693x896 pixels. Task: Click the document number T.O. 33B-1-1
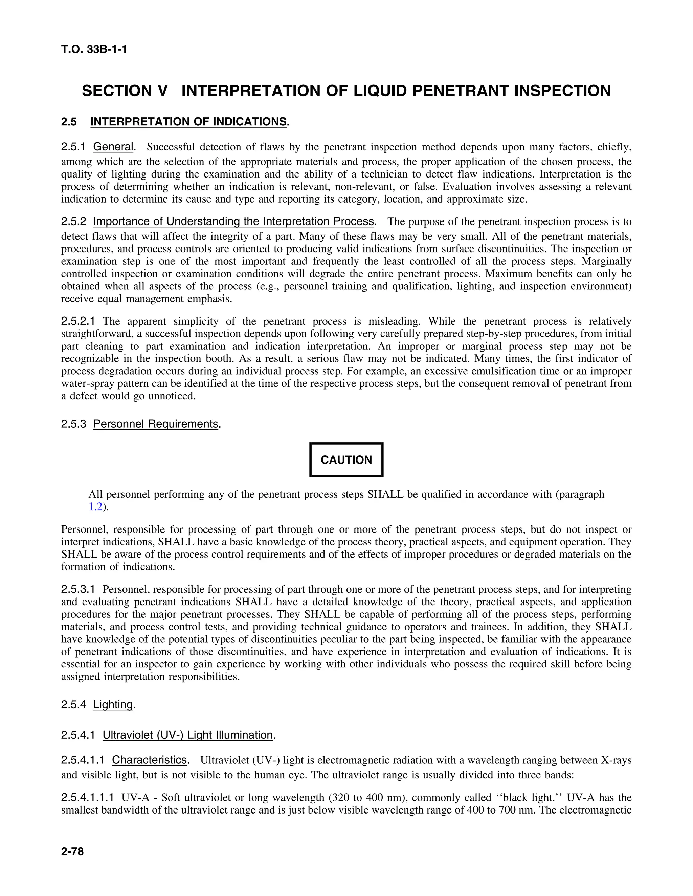pyautogui.click(x=94, y=50)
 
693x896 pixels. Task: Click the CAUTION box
pyautogui.click(x=346, y=460)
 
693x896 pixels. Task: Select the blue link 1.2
pyautogui.click(x=95, y=507)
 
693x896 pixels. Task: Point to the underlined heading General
pyautogui.click(x=113, y=146)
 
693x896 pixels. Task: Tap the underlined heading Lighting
pyautogui.click(x=113, y=704)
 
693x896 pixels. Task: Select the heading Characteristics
pyautogui.click(x=150, y=760)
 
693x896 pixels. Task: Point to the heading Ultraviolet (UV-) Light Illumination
pyautogui.click(x=187, y=735)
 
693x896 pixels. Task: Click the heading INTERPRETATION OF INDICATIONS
pyautogui.click(x=188, y=122)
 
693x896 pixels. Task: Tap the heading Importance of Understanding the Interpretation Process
pyautogui.click(x=233, y=221)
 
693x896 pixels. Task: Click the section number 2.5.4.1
pyautogui.click(x=78, y=735)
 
